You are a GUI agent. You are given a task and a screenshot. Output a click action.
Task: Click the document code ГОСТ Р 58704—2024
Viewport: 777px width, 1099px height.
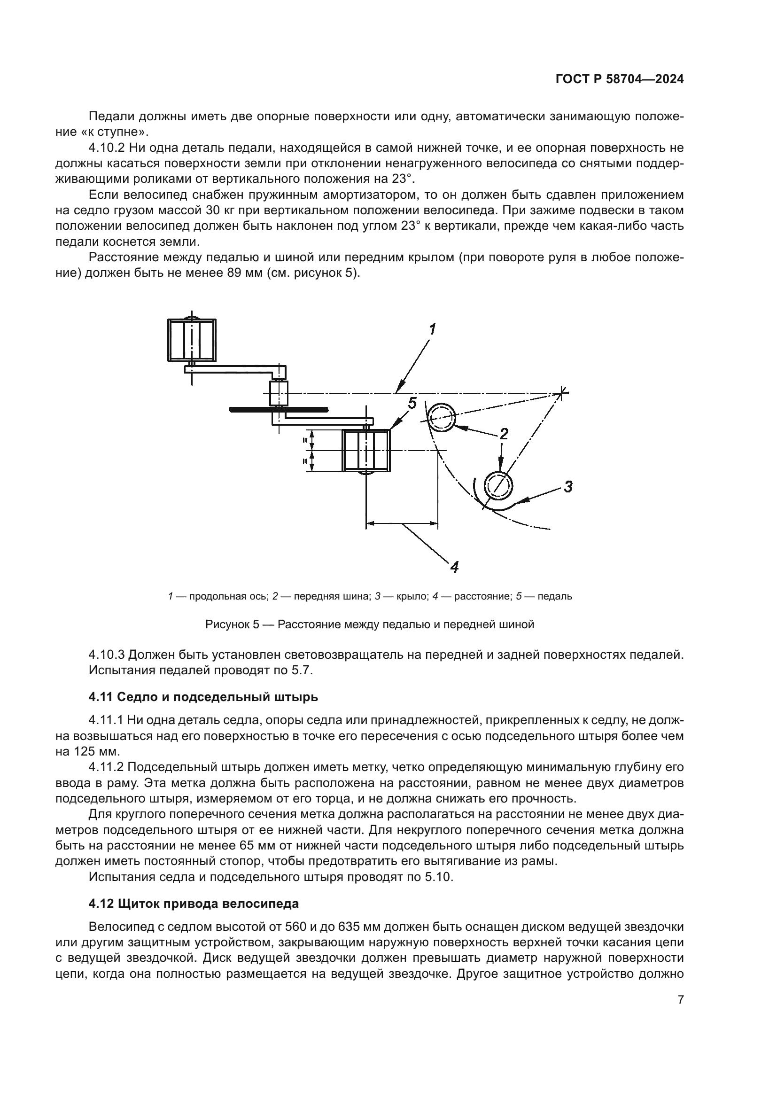point(619,79)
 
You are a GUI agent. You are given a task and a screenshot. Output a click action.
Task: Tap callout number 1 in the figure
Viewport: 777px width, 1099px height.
point(432,329)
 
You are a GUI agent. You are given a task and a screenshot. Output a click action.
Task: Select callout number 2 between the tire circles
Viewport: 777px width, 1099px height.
point(503,434)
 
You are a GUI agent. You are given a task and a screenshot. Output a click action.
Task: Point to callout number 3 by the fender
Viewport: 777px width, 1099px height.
point(567,487)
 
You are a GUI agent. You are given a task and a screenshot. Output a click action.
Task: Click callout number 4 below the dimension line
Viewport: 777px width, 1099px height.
point(454,567)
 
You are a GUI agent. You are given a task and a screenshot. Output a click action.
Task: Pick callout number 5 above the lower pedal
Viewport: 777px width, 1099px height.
point(412,403)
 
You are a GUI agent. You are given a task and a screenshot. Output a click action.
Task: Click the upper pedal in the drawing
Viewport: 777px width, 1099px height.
point(191,340)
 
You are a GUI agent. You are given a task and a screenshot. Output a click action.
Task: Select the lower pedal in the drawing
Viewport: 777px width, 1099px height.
point(366,451)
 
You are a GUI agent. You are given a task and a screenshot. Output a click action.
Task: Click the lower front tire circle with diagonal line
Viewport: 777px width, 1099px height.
point(498,485)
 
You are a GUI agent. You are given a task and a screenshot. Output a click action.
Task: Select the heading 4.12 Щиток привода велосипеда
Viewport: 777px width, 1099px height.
point(193,904)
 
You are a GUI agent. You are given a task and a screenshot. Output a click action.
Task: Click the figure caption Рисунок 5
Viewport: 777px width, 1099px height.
point(369,624)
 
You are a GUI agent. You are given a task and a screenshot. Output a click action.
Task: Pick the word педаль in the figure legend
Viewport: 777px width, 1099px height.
point(555,596)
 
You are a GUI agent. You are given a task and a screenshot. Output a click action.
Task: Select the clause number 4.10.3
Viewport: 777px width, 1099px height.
point(106,655)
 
